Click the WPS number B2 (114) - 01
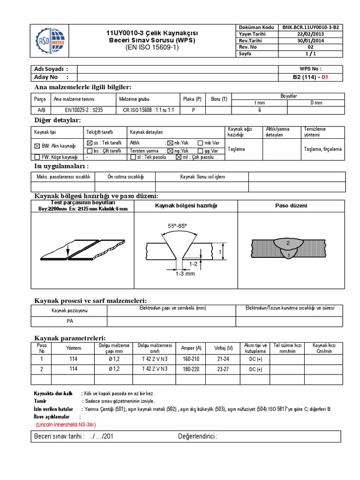[x=311, y=77]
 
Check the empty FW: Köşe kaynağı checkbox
[x=37, y=157]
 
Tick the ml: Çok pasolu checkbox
[x=178, y=157]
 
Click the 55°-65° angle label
[x=177, y=225]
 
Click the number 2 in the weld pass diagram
[x=288, y=242]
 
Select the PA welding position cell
[x=69, y=322]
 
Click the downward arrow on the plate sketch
[x=68, y=251]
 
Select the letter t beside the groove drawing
[x=220, y=251]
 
